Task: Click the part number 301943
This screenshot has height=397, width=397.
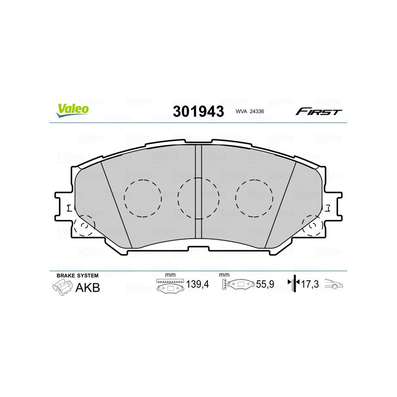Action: pos(198,111)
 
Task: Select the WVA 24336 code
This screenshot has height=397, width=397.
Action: pos(250,112)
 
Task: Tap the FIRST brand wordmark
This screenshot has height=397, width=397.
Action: pos(319,112)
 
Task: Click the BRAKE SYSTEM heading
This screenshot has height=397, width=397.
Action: pos(77,275)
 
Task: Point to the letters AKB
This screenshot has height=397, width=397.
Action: pos(87,287)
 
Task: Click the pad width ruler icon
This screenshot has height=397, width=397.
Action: pos(170,285)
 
